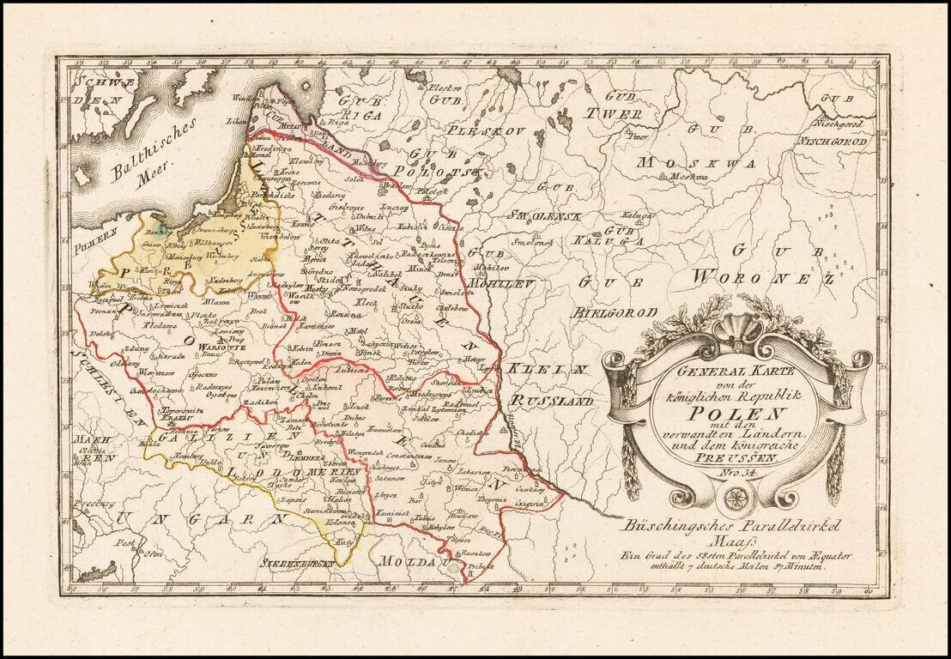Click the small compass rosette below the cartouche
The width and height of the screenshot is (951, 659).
(737, 497)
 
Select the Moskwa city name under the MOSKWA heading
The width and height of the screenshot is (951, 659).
(706, 177)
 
